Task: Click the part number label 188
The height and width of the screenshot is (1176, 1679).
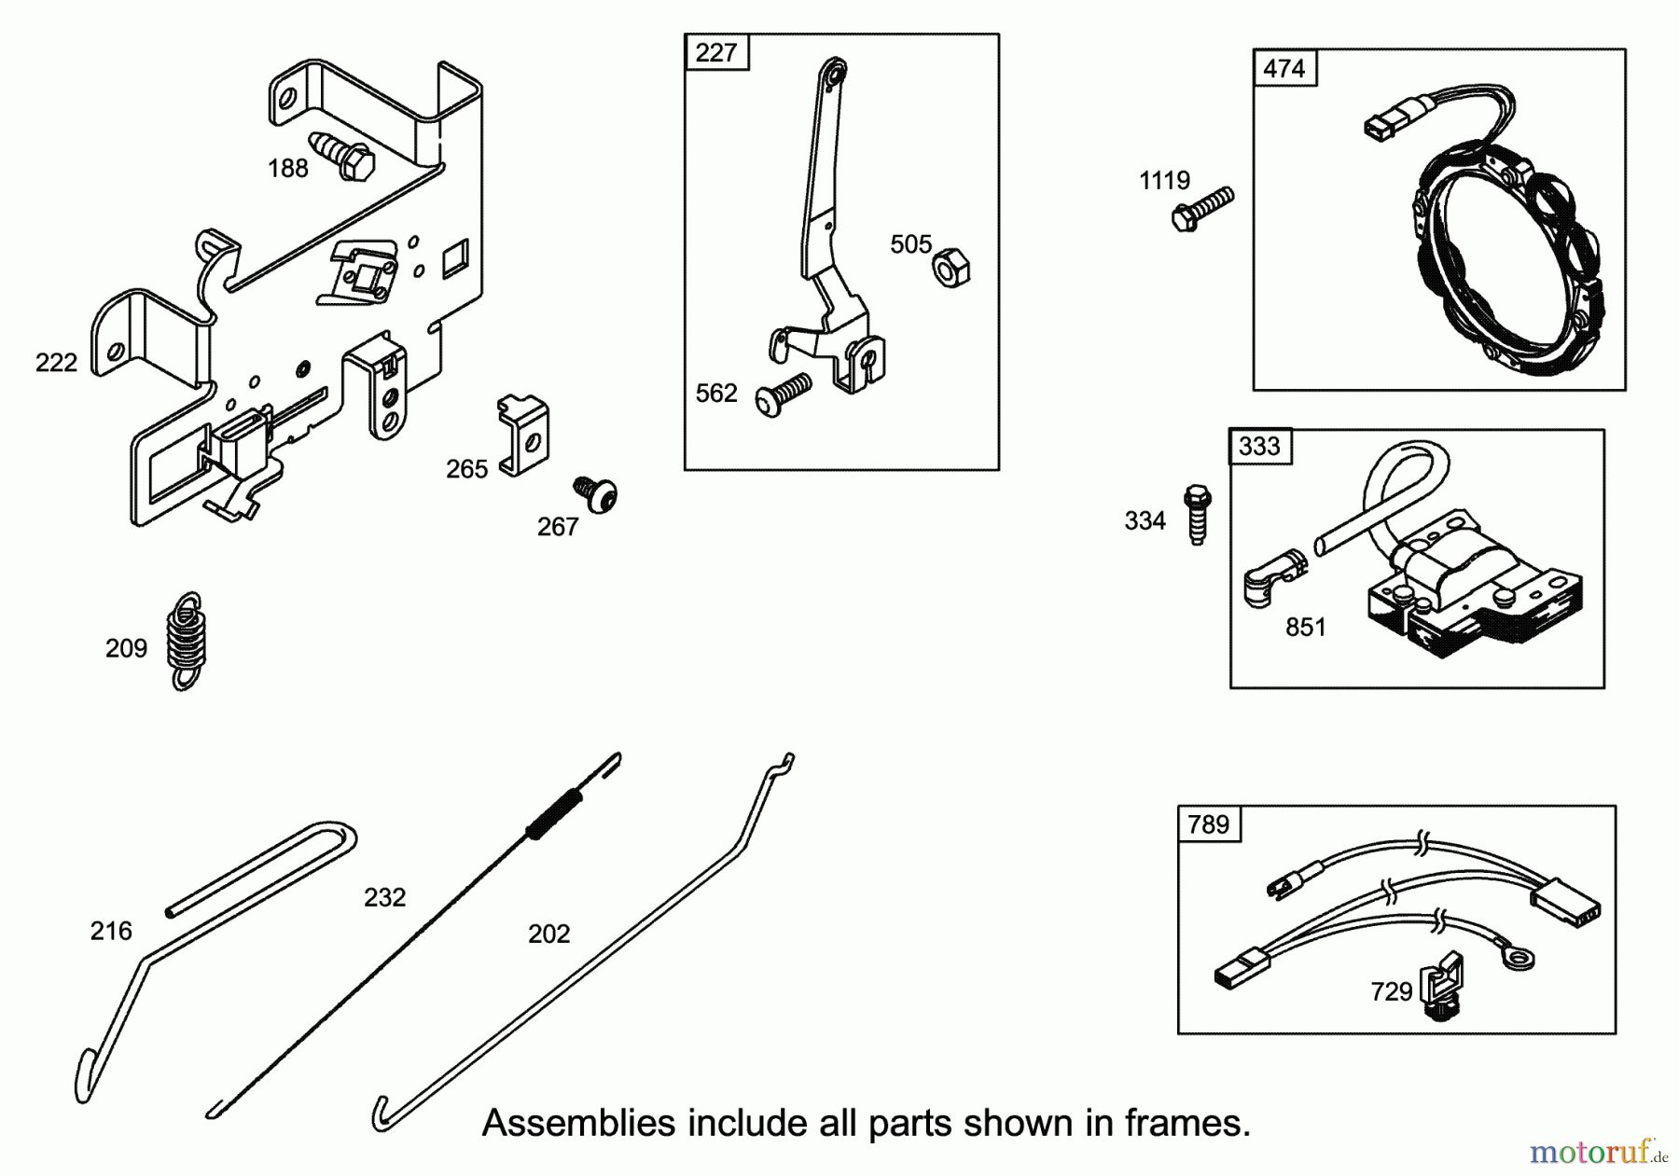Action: coord(287,169)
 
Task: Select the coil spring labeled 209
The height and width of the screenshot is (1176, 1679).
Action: coord(187,641)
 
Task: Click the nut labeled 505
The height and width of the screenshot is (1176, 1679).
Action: coord(951,267)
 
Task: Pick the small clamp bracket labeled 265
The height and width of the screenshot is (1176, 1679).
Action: coord(523,436)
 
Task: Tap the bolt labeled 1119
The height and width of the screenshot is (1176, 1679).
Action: coord(1202,208)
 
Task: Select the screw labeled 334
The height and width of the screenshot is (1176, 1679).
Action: coord(1197,514)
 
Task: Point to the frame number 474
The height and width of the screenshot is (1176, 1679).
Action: coord(1284,69)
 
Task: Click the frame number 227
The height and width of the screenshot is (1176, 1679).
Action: coord(715,53)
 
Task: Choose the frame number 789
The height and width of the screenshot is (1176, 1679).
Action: coord(1208,825)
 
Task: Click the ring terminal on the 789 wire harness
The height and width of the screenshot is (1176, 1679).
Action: coord(1517,958)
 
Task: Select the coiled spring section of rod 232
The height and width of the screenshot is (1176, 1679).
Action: coord(554,813)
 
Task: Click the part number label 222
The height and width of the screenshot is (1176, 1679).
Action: coord(56,363)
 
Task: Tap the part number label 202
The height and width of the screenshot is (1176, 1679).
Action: coord(548,934)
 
